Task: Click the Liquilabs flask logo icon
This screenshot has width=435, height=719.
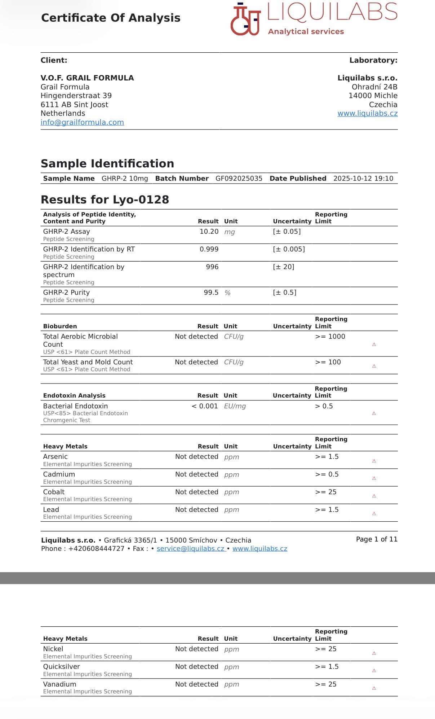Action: tap(245, 20)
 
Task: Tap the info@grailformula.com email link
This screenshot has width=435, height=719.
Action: tap(82, 122)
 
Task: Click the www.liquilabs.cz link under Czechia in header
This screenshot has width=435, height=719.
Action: tap(367, 113)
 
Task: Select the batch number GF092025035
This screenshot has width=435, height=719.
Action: tap(239, 179)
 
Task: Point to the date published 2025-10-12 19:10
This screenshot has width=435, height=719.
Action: tap(363, 179)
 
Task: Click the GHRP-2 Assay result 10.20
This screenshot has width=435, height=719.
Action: tap(209, 232)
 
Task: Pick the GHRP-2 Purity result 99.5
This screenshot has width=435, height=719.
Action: tap(211, 293)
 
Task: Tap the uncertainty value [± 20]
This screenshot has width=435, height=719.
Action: tap(284, 267)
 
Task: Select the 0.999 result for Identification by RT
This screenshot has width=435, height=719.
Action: tap(209, 249)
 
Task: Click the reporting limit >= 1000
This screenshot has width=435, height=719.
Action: tap(330, 337)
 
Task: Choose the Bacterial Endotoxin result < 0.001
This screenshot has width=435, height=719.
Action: tap(205, 406)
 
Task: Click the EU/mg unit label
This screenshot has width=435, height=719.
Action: tap(235, 406)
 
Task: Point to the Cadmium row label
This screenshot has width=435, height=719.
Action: tap(59, 474)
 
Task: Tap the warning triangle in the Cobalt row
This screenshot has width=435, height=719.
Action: tap(374, 496)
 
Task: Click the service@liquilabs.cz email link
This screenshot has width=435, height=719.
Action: tap(190, 549)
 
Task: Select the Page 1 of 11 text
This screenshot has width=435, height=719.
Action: tap(376, 539)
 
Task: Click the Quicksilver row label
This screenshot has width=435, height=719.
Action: tap(61, 667)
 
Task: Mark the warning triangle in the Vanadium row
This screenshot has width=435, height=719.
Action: tap(374, 688)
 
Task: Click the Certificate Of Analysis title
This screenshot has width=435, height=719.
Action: tap(111, 18)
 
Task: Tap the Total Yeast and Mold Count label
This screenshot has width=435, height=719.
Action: tap(88, 362)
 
